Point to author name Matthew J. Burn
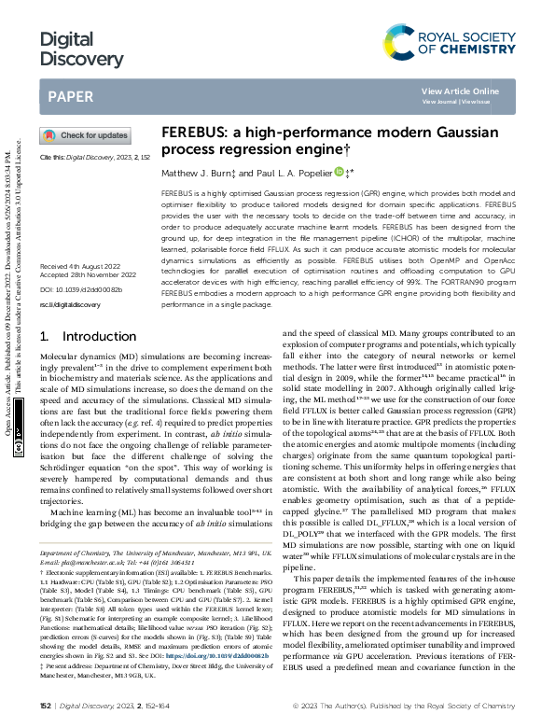pos(198,172)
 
